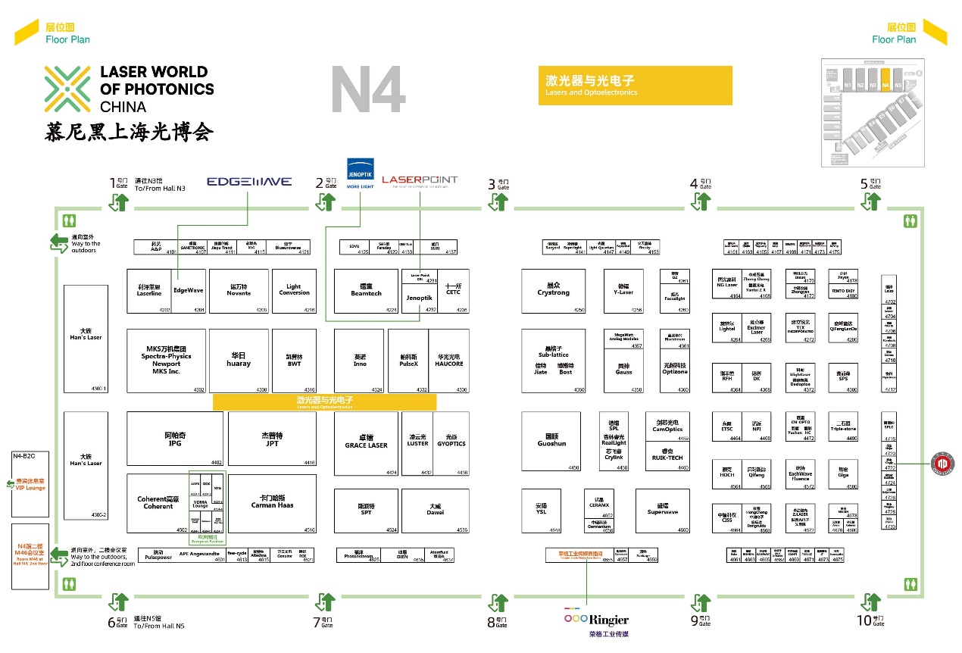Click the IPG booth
click(175, 439)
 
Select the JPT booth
click(272, 439)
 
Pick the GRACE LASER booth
click(366, 442)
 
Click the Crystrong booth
click(553, 290)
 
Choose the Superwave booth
click(662, 510)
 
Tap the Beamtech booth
click(366, 291)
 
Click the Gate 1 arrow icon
click(120, 202)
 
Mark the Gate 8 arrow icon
click(498, 602)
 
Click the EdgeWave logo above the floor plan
click(249, 182)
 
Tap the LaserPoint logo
click(420, 180)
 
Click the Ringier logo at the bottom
click(596, 620)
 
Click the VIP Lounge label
click(30, 484)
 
